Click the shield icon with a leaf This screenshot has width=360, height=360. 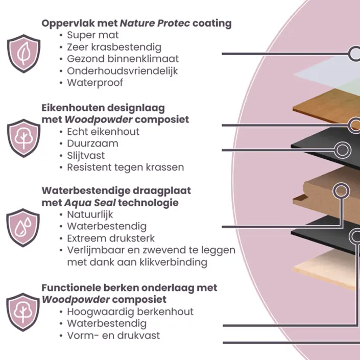(23, 54)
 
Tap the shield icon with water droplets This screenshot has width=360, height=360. (23, 227)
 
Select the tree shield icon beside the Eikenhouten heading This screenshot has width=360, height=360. (23, 138)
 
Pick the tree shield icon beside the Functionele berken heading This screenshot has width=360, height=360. (23, 311)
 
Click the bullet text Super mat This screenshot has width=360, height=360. (92, 35)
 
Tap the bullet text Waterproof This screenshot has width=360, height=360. (95, 82)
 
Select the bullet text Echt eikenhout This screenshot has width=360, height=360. (103, 132)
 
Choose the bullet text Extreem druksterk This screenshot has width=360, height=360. (111, 238)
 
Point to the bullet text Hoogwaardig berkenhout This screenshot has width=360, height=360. (130, 311)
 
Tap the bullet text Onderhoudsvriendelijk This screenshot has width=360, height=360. (122, 70)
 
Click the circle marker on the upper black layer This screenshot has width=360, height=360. (342, 150)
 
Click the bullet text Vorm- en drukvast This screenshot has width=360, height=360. (113, 335)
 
